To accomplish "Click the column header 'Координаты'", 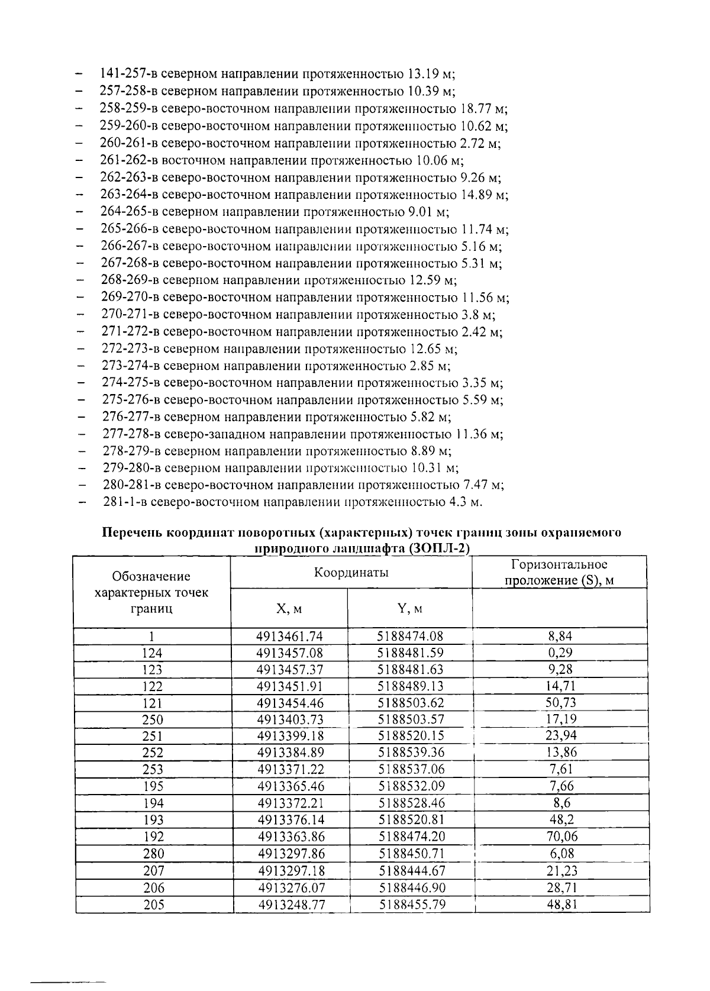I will click(x=351, y=572).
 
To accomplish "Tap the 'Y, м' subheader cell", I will click(x=409, y=608).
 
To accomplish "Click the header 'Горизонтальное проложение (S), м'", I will click(x=559, y=572).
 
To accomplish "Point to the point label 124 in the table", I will click(x=152, y=653).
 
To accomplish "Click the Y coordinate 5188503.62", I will click(x=410, y=703).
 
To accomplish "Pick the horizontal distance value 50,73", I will click(x=561, y=702).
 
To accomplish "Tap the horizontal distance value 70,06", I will click(x=561, y=836).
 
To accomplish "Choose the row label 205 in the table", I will click(x=153, y=904).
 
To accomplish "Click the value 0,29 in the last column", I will click(x=560, y=653).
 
